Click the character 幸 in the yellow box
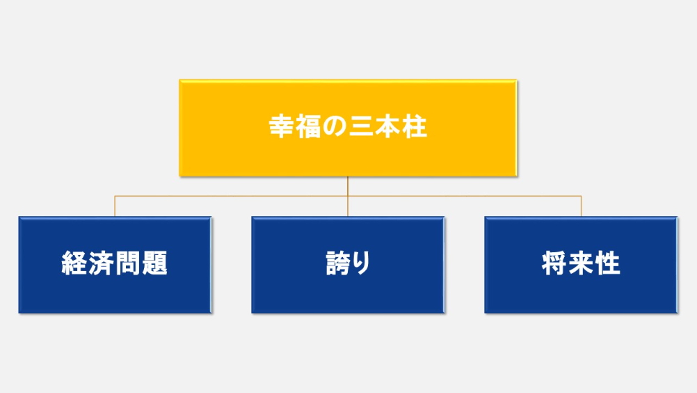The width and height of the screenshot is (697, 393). coord(282,127)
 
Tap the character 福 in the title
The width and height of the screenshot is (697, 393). coord(308,127)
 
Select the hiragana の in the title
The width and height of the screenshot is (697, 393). coord(335,127)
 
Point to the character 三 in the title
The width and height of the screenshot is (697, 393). coord(362,127)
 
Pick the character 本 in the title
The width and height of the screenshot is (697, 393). coord(387,127)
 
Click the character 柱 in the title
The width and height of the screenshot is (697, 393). coord(415,127)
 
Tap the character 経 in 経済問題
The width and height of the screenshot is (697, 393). coord(74,263)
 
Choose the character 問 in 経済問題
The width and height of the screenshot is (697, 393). coord(128,263)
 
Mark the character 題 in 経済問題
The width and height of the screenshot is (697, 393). coord(154,263)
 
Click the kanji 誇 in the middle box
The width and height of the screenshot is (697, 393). coord(339,263)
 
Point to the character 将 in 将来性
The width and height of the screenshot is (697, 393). coord(554,263)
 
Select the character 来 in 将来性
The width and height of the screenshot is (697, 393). coord(581,263)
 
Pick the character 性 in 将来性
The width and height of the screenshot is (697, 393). coord(608,263)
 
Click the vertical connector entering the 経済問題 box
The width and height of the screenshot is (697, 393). coord(115,206)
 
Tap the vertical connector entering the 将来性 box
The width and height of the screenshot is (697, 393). coord(581,206)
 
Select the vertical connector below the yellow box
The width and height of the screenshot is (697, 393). coord(348,196)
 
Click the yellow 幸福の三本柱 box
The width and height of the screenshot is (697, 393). coord(348,128)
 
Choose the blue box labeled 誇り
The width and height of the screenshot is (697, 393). coord(348,265)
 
